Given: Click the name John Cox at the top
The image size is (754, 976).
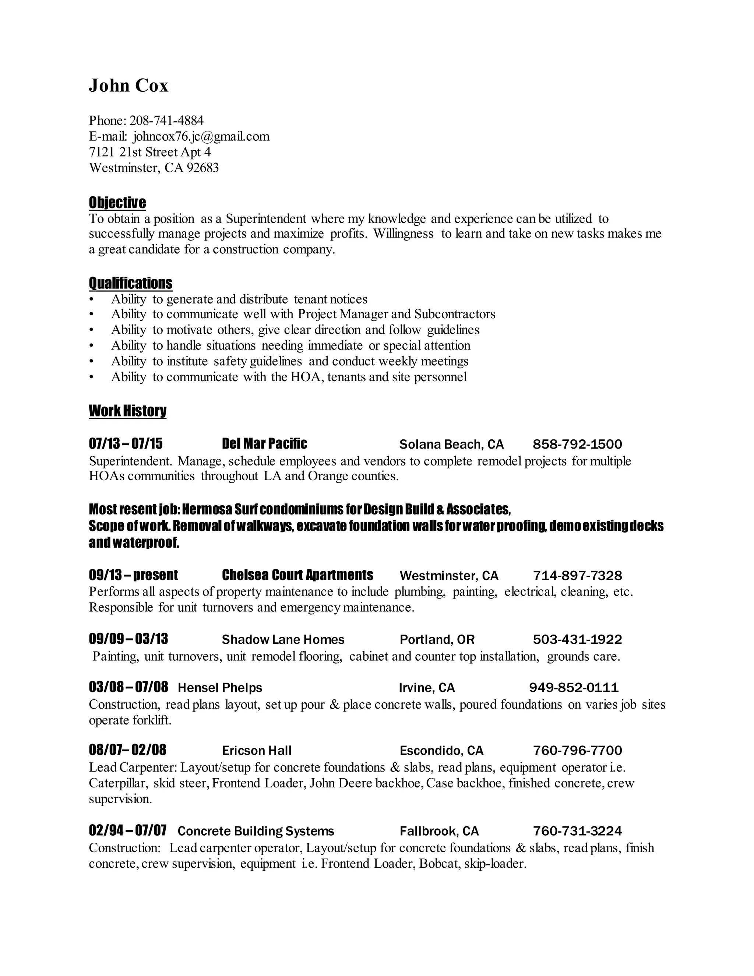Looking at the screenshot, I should click(128, 85).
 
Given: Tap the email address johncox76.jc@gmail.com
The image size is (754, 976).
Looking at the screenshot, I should click(201, 136).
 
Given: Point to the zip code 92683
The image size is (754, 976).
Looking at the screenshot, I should click(203, 168).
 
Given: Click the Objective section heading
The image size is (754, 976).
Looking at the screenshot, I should click(117, 203).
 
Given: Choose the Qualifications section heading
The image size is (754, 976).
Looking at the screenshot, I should click(130, 283).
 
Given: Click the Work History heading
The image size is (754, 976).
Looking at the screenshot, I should click(127, 410).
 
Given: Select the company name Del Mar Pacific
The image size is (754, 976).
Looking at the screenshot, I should click(264, 444).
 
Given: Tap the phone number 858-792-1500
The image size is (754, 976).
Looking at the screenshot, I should click(577, 444).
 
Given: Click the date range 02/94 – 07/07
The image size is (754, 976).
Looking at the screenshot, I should click(128, 831).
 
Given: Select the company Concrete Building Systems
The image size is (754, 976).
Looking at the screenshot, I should click(256, 831).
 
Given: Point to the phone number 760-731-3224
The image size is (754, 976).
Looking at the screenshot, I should click(577, 831).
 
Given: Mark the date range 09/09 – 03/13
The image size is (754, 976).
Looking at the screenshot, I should click(128, 639).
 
